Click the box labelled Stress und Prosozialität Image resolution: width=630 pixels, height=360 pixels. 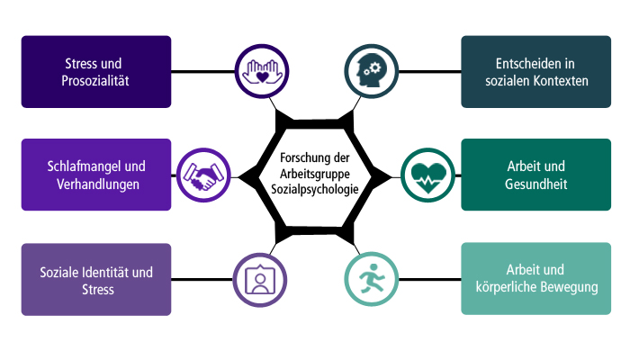point(96,71)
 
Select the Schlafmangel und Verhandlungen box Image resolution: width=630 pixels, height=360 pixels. point(96,175)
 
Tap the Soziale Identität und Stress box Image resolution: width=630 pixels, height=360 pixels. point(96,279)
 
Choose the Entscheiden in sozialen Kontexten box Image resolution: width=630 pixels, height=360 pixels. point(536,71)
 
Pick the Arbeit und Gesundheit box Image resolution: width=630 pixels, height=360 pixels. point(536,175)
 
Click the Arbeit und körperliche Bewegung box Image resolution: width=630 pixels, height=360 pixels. point(536,278)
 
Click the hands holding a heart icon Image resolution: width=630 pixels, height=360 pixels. point(262,71)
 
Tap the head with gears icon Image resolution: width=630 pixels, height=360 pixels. point(371,71)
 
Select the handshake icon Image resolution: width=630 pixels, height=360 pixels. point(203,175)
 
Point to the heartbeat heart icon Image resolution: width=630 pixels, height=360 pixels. point(428,175)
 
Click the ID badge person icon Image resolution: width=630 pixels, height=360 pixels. point(260,280)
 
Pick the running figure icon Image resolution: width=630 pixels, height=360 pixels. point(371,279)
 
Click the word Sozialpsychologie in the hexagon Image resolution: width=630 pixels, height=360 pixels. point(315,189)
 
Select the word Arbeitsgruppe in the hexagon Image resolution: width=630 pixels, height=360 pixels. point(315,174)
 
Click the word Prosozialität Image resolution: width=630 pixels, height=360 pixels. point(95,81)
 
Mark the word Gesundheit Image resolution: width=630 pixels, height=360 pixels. point(536,184)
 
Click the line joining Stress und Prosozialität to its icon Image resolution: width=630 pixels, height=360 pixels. point(202,71)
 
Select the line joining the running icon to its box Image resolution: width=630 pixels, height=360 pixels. point(430,279)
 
